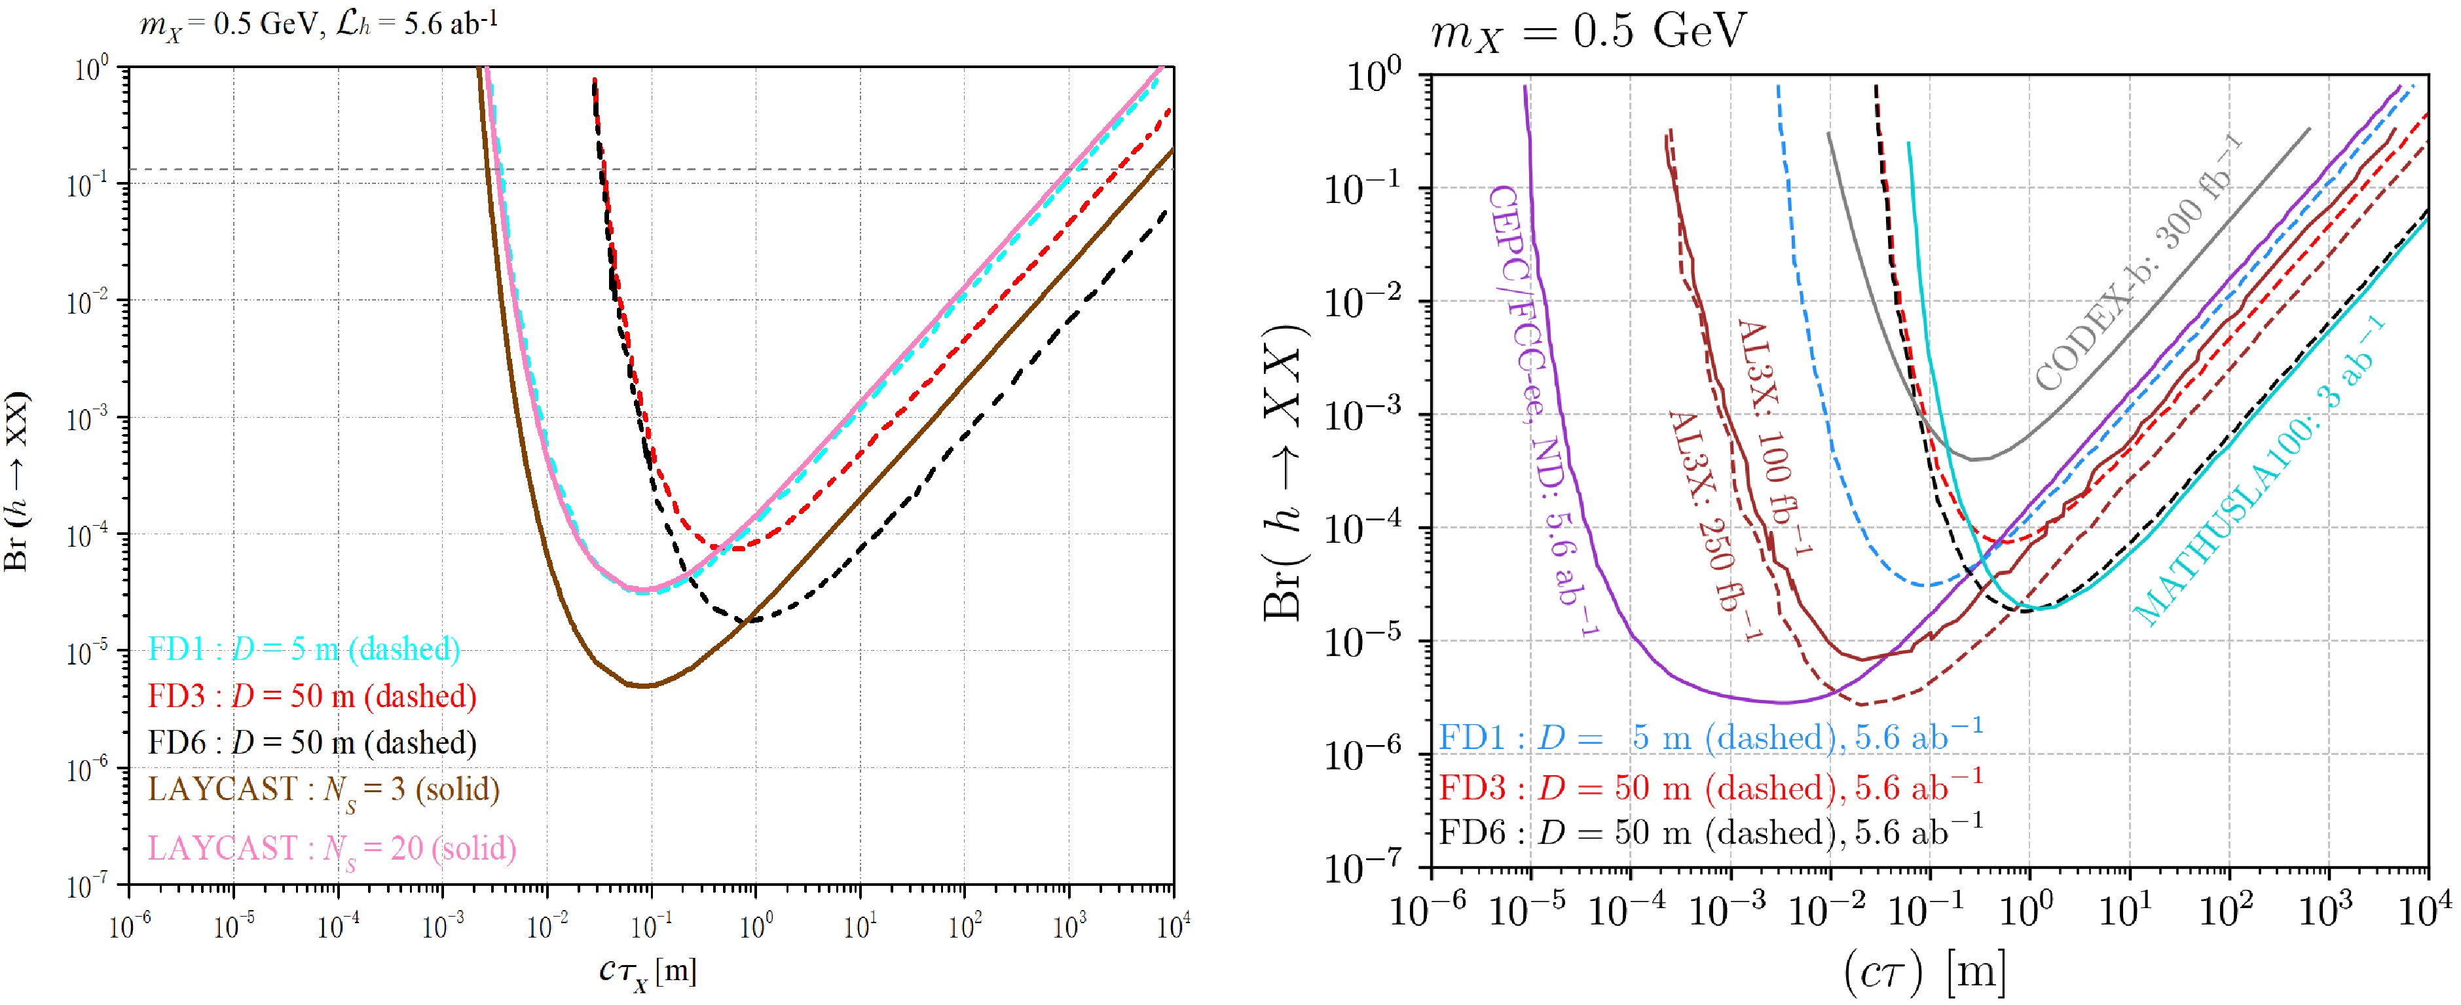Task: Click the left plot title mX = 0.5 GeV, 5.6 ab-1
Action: pos(318,23)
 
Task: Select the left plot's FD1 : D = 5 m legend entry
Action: pos(304,649)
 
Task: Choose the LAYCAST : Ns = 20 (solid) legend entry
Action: pos(331,849)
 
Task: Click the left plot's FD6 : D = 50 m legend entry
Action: pos(312,742)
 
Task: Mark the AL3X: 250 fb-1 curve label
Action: pos(1715,526)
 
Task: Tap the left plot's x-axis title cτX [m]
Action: pos(648,972)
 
